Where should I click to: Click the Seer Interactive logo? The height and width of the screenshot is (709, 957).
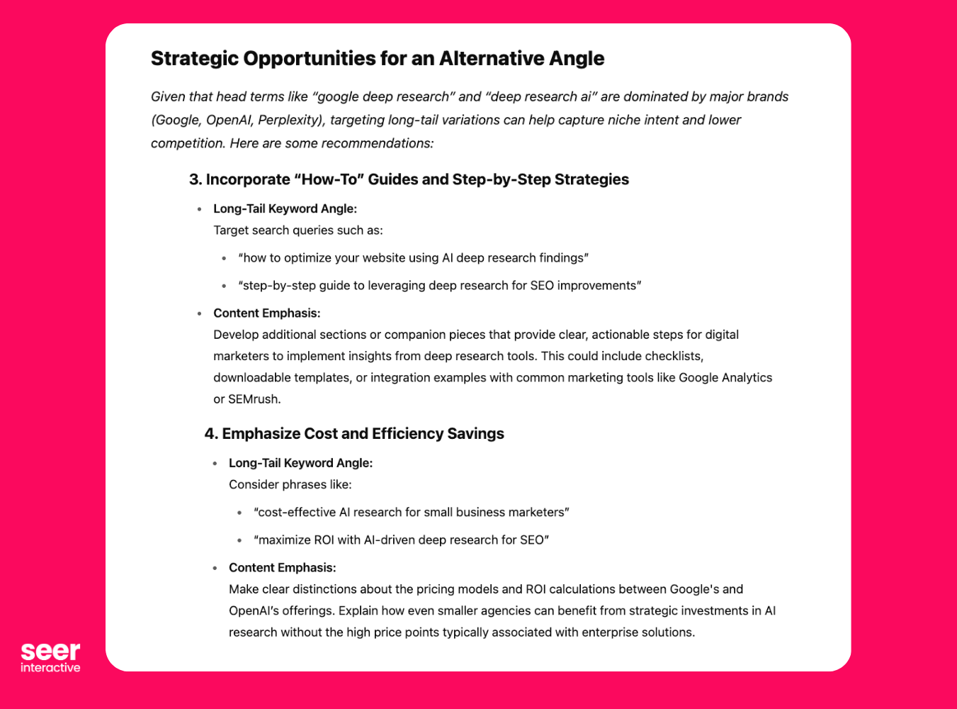(x=50, y=657)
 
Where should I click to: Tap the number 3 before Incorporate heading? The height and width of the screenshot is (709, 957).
(x=193, y=179)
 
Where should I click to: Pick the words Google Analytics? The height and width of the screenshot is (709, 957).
(x=725, y=378)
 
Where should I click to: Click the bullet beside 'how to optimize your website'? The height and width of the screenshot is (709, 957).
(x=224, y=259)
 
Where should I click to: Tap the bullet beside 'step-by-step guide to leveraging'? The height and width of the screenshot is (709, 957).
(x=224, y=286)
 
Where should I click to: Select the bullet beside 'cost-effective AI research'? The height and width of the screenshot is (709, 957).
(x=239, y=513)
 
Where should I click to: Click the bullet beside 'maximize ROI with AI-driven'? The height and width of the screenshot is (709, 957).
(x=239, y=540)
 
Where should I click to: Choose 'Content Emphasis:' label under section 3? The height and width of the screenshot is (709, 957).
(x=266, y=313)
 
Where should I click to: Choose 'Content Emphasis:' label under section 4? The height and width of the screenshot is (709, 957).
(x=282, y=568)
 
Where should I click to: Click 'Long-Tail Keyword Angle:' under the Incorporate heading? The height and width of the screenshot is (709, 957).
(x=285, y=209)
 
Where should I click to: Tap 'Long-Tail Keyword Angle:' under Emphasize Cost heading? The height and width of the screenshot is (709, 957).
(x=300, y=463)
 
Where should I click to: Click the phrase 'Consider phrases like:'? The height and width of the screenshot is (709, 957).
(x=290, y=485)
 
